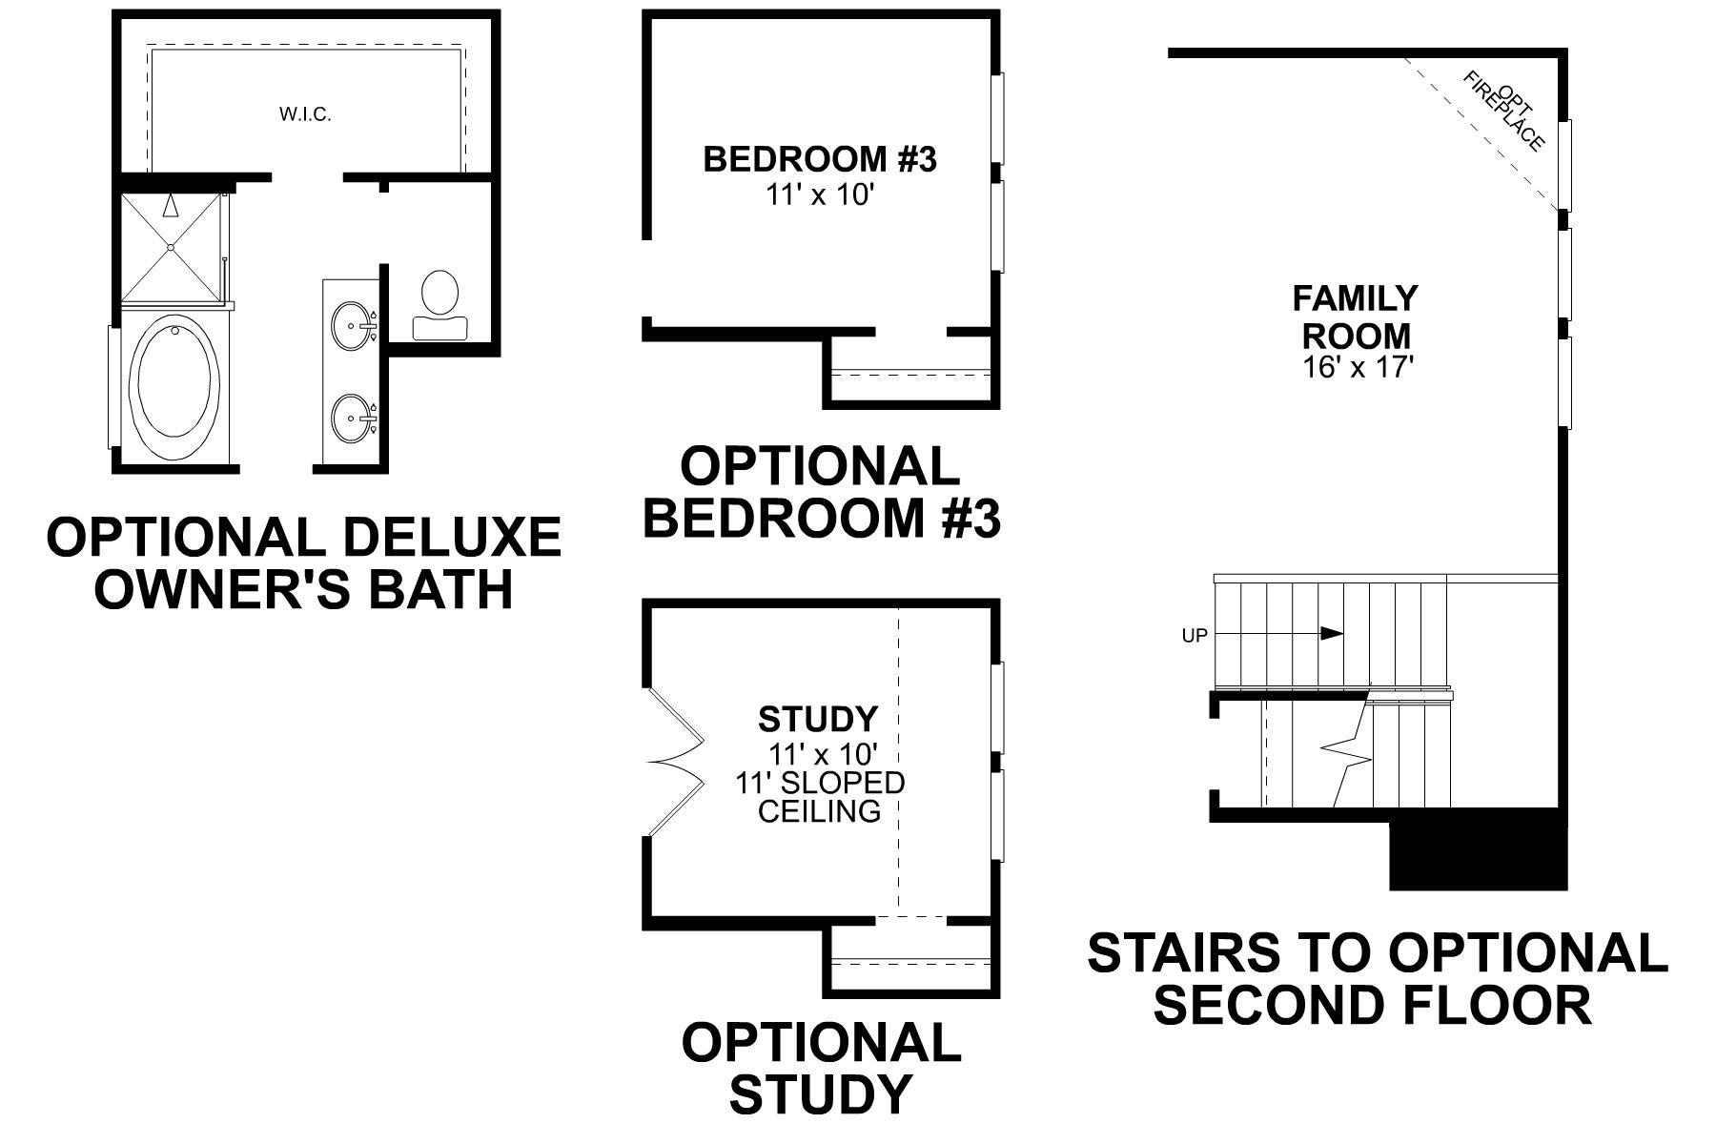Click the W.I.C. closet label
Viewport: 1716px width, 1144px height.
[x=305, y=115]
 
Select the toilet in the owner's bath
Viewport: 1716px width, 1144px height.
[x=439, y=303]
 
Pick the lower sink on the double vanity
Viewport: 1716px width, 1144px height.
[x=352, y=418]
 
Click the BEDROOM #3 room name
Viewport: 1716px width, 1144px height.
[x=820, y=159]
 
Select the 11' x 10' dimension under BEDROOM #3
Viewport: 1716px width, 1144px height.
[x=820, y=195]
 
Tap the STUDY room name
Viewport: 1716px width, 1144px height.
[x=818, y=717]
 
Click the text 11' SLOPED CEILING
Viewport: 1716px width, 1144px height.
[x=820, y=797]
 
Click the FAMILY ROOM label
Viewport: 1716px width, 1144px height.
[x=1355, y=317]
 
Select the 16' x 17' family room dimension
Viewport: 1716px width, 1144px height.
[x=1356, y=368]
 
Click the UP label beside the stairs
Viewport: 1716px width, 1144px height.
[x=1195, y=636]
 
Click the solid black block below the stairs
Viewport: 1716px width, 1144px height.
[x=1478, y=850]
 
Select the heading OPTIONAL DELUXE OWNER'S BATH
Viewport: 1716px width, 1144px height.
[x=304, y=562]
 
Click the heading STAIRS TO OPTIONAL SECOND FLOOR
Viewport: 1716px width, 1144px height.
[x=1377, y=978]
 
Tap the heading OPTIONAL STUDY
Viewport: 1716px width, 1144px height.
[x=820, y=1068]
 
